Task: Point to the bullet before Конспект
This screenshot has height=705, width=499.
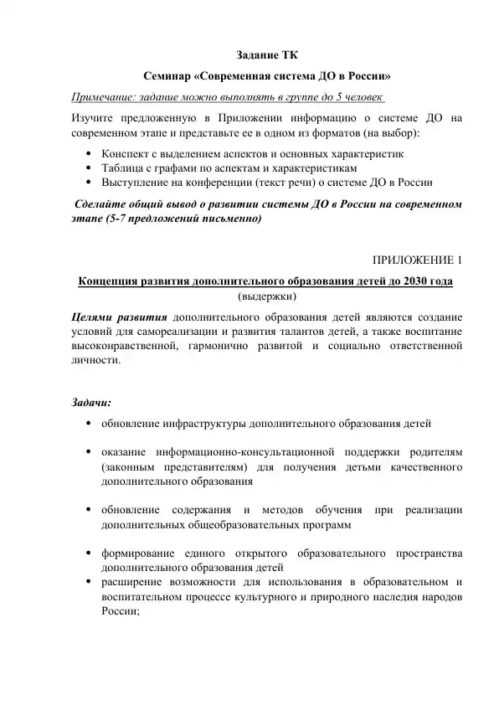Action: click(89, 155)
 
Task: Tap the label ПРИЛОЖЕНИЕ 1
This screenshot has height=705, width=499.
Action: click(415, 260)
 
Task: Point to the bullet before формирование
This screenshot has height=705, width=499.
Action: click(89, 553)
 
